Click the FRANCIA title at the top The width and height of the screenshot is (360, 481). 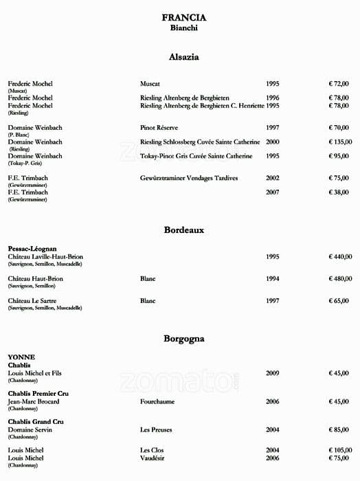[183, 18]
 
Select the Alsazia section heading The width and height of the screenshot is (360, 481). [183, 57]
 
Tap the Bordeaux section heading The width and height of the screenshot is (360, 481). [183, 230]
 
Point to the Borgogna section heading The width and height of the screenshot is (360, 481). [183, 339]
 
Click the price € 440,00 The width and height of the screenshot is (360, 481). [339, 256]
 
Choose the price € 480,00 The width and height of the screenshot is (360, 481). [339, 278]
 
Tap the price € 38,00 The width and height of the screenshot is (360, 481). [339, 192]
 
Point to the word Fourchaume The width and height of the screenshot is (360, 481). [157, 401]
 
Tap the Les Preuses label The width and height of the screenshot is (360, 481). [155, 429]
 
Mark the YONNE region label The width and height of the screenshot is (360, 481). [21, 357]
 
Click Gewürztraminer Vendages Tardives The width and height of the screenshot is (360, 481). [189, 178]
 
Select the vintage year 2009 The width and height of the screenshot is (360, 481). [273, 373]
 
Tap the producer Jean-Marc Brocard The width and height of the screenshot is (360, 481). [34, 401]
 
